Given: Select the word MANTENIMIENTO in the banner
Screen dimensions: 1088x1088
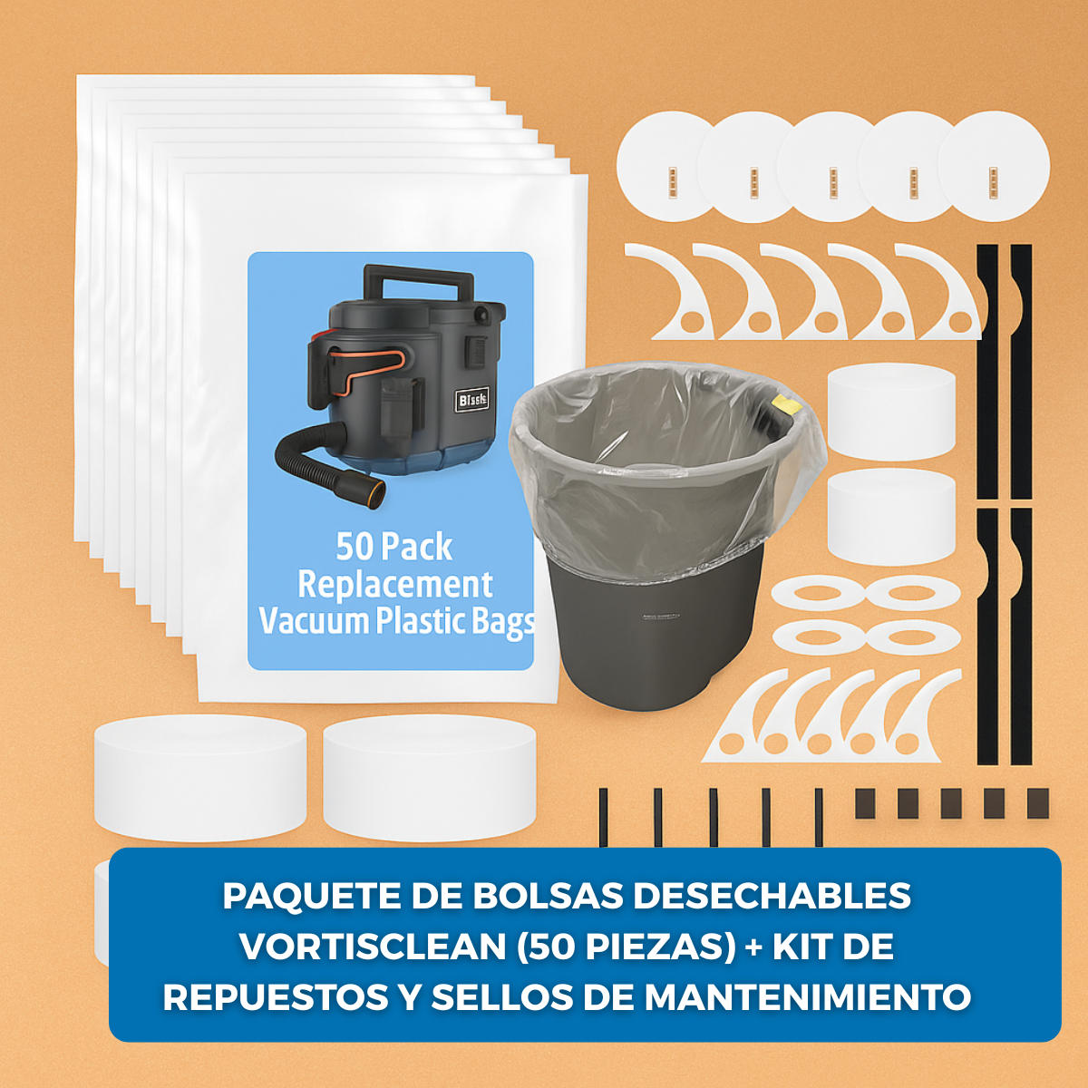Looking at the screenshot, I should tap(807, 997).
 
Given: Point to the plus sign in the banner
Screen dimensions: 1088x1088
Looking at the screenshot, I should tap(753, 947).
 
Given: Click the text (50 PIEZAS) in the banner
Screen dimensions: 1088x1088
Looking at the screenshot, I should tap(627, 947).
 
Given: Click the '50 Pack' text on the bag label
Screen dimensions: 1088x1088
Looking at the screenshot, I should tap(393, 547).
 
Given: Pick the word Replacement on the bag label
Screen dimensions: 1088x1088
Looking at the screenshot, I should tap(395, 585).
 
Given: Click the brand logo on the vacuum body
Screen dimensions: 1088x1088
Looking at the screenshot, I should tap(472, 400).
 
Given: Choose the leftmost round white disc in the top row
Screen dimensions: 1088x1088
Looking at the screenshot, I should tap(671, 168).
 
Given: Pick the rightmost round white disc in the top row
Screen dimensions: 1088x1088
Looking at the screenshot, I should tap(994, 168).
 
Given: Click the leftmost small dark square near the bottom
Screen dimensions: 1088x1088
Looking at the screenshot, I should tap(865, 803).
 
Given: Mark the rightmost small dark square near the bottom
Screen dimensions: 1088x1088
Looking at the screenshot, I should tap(1037, 803).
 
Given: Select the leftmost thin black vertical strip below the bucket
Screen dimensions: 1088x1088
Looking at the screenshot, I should tap(603, 817).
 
